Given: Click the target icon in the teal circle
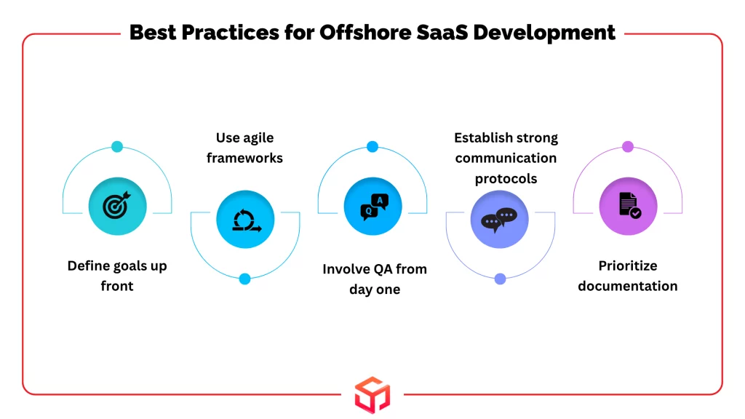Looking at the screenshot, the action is pyautogui.click(x=116, y=205).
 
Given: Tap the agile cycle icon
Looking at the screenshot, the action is pyautogui.click(x=246, y=220).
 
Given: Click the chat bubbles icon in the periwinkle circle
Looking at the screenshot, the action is pyautogui.click(x=499, y=220).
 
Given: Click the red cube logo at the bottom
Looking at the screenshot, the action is pyautogui.click(x=372, y=395).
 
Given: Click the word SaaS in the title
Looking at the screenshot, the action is pyautogui.click(x=442, y=33).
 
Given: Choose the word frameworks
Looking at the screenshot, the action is pyautogui.click(x=244, y=158).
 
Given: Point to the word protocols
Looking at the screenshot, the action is pyautogui.click(x=506, y=179).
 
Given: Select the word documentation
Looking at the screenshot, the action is pyautogui.click(x=628, y=286).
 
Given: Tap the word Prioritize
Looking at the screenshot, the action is pyautogui.click(x=628, y=266).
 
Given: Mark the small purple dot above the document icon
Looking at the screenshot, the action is pyautogui.click(x=628, y=147).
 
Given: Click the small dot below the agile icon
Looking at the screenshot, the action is pyautogui.click(x=244, y=279).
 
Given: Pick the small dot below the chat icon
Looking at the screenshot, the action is pyautogui.click(x=500, y=279).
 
